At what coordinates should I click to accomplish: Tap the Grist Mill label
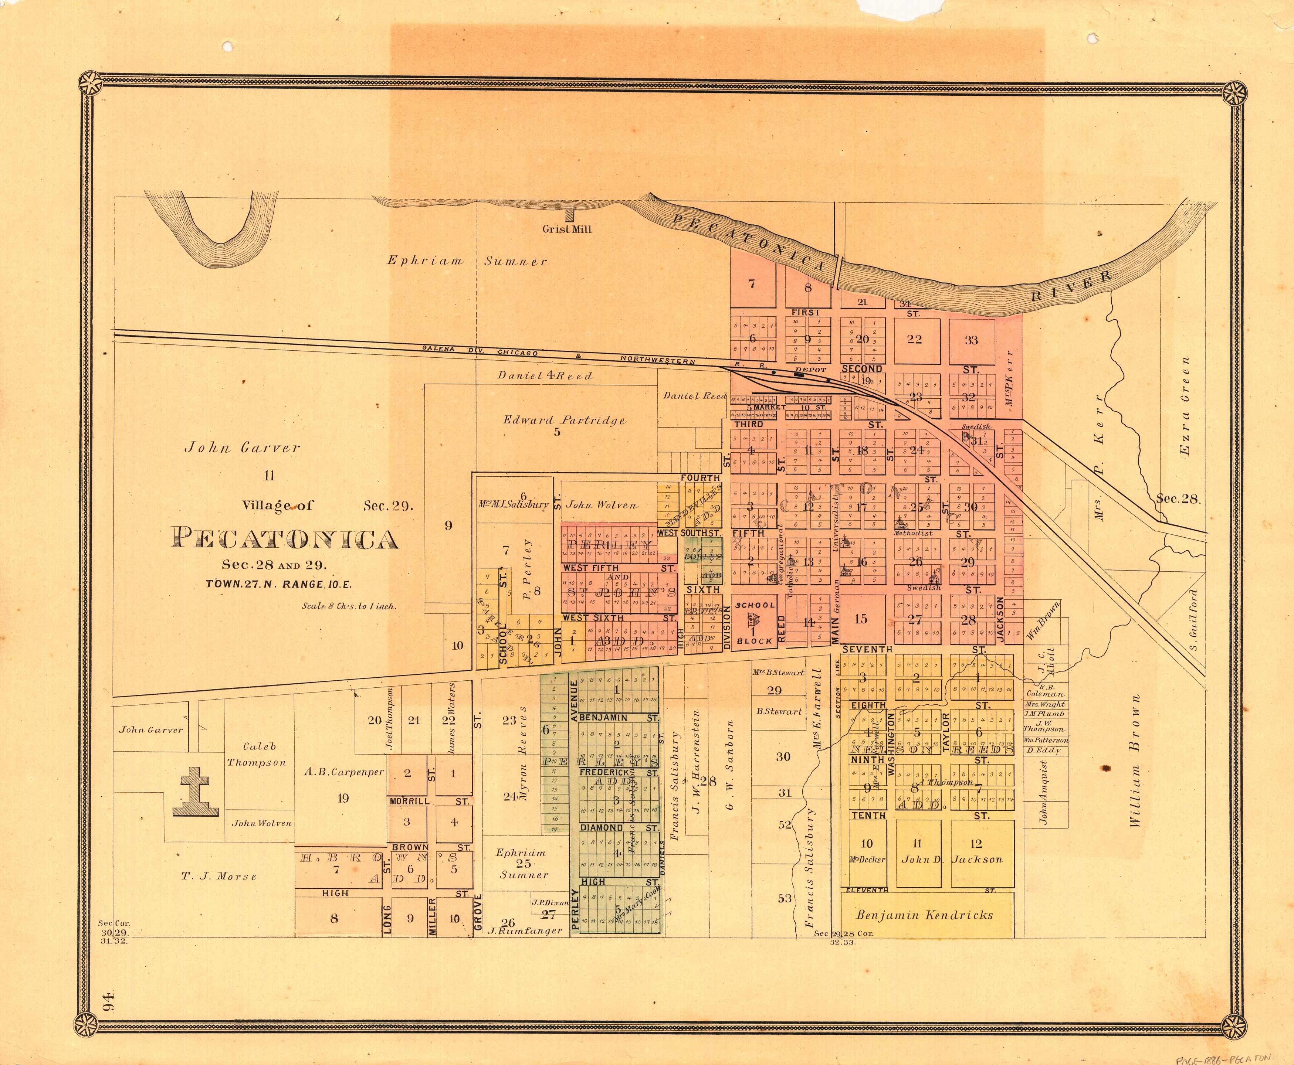click(x=566, y=229)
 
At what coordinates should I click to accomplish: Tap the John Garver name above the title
click(x=243, y=448)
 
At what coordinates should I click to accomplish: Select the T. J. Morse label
click(x=219, y=877)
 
